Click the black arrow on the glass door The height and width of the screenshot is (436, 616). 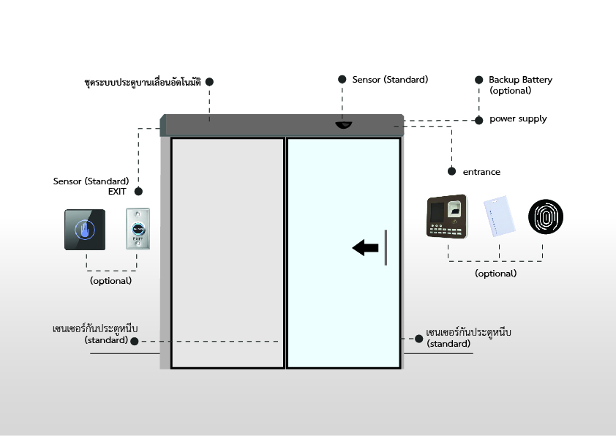pos(365,248)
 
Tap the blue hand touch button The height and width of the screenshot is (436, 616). pos(86,230)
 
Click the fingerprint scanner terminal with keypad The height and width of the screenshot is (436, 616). pos(448,217)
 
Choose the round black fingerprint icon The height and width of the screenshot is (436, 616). pos(547,217)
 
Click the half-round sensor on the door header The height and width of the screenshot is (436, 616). pos(343,126)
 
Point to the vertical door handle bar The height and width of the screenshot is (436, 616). pos(385,247)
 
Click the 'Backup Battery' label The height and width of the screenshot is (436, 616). pos(520,80)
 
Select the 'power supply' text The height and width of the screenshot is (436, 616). pos(518,119)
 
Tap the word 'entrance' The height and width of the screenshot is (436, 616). pos(481,172)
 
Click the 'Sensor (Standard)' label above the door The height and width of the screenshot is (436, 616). pos(390,79)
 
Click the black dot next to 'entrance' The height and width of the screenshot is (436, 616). pos(452,172)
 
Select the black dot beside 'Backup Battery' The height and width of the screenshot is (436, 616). pos(478,79)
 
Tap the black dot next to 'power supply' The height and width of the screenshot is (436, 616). pos(478,119)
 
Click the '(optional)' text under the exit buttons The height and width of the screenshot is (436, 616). pos(110,281)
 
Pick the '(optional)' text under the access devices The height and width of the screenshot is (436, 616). pos(495,274)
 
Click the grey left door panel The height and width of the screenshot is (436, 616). pos(228,252)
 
